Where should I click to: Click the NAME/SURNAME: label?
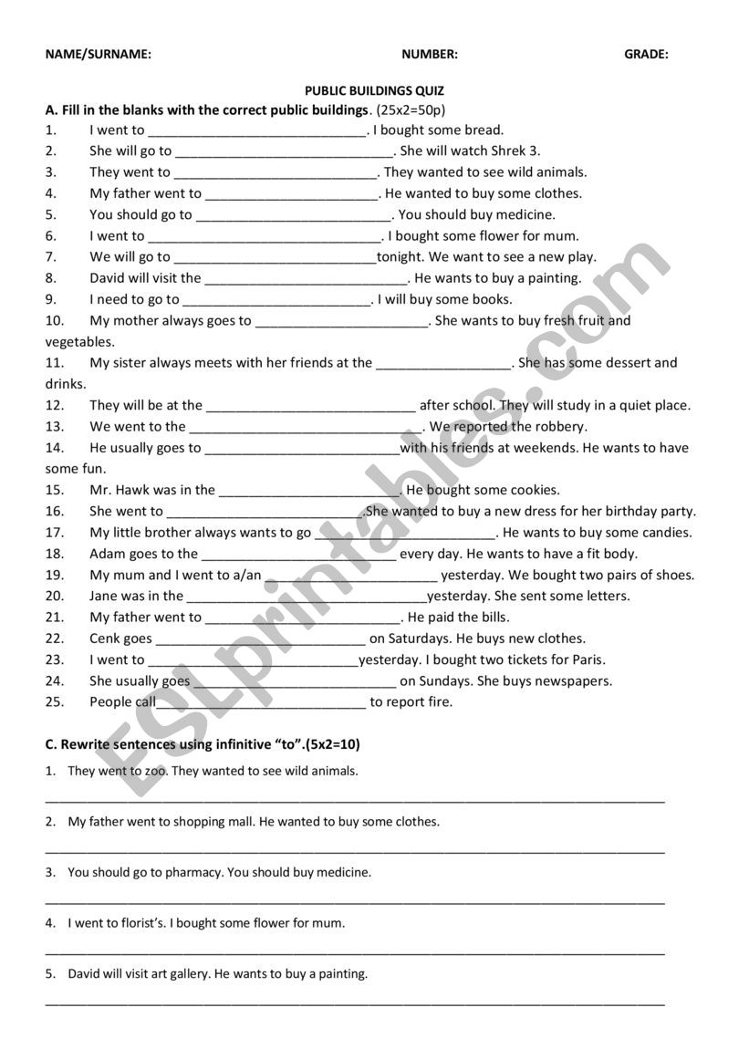99,54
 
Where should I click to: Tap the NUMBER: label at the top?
430,54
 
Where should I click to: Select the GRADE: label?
646,54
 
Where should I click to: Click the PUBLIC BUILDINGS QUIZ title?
374,90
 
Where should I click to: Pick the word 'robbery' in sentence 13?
561,426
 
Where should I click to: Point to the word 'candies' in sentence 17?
666,532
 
